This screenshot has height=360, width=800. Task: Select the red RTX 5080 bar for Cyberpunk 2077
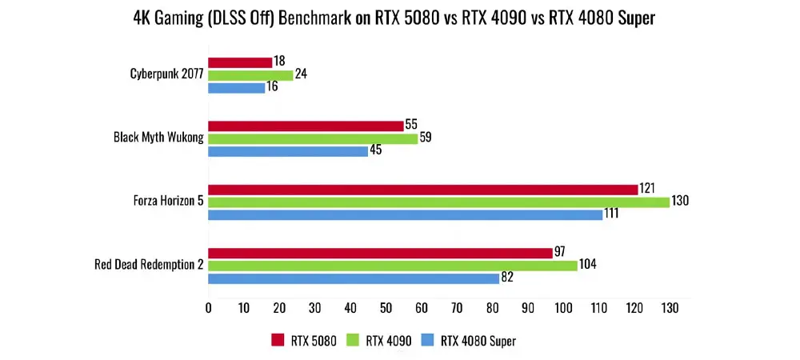tap(240, 62)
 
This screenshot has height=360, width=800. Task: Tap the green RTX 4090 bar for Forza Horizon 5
tap(438, 202)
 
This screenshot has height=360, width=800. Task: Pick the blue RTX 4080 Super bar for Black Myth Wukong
tap(288, 150)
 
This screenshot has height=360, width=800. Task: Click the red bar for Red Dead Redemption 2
tap(380, 253)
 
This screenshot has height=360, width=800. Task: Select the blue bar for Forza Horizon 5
tap(405, 214)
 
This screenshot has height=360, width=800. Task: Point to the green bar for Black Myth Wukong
tap(313, 138)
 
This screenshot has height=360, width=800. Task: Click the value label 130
tap(680, 202)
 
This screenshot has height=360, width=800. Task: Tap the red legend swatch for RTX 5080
tap(278, 341)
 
